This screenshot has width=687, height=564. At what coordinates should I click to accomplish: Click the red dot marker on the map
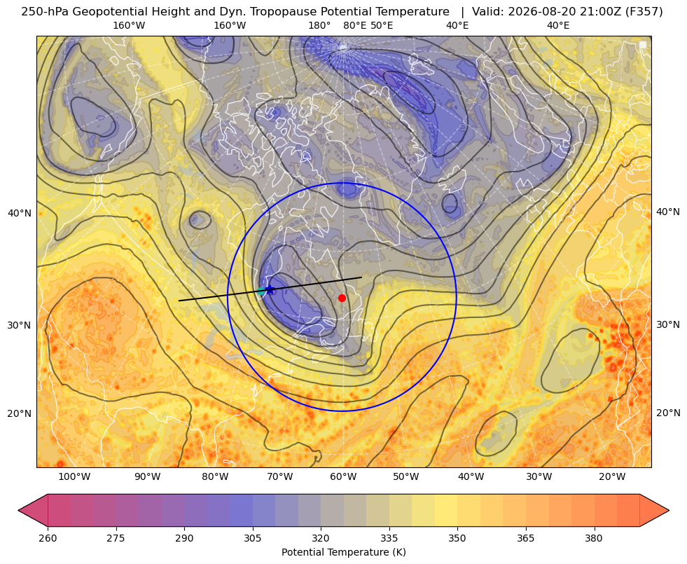click(342, 298)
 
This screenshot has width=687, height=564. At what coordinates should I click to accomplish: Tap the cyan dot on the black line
click(261, 291)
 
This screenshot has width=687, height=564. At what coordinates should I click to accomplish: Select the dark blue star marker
click(270, 289)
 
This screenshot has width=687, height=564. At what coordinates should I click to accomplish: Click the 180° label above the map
click(319, 25)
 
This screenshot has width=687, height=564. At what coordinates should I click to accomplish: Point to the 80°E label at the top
click(354, 25)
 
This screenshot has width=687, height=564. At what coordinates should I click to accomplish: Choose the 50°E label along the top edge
click(382, 25)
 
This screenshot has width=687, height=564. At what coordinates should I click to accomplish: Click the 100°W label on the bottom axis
click(74, 477)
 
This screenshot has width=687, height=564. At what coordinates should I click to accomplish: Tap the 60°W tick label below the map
click(343, 477)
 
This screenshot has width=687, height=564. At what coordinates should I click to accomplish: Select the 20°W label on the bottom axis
click(612, 477)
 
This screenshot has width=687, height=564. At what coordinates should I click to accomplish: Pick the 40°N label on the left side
click(20, 213)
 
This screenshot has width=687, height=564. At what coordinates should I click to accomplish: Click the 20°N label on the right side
click(668, 413)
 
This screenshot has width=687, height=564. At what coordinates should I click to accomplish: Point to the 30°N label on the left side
click(20, 325)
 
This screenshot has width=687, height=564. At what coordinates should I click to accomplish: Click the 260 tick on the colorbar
click(48, 538)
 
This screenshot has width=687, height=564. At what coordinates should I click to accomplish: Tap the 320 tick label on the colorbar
click(321, 538)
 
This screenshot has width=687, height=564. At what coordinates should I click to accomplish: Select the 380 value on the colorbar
click(594, 538)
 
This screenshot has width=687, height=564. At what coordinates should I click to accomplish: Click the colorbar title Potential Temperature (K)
click(343, 552)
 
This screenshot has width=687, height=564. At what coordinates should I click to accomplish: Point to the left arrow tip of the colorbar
click(18, 510)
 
